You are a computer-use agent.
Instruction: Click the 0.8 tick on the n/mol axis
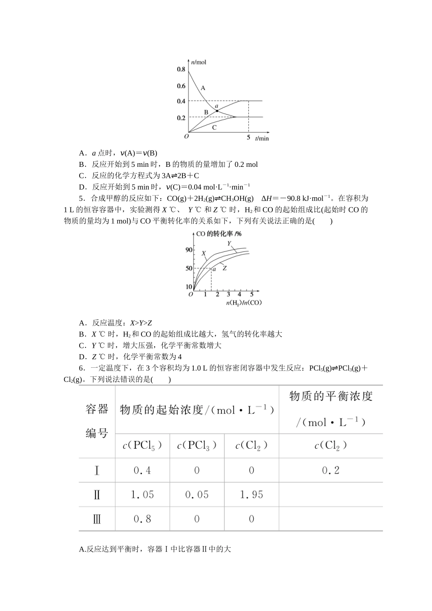click(181, 69)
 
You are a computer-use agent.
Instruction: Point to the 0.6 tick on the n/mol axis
click(181, 86)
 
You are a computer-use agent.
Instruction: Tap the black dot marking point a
click(217, 110)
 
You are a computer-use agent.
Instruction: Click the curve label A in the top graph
click(203, 88)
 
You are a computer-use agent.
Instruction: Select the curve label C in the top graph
click(214, 127)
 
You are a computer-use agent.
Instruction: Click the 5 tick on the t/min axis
click(248, 137)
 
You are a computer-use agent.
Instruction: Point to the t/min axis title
click(262, 138)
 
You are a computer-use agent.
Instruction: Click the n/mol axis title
click(199, 62)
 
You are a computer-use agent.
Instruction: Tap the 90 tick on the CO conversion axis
click(189, 250)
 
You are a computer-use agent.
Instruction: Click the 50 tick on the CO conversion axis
click(189, 268)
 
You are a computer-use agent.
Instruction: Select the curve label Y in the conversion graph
click(229, 243)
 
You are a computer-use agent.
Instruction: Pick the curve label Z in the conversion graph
click(224, 268)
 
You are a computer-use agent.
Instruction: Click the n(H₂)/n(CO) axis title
click(244, 303)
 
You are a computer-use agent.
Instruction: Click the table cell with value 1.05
click(142, 495)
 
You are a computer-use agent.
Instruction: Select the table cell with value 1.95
click(251, 495)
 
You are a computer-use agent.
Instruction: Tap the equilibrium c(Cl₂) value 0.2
click(331, 471)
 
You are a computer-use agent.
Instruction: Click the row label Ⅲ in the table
click(96, 519)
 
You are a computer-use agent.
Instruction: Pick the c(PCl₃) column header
click(196, 446)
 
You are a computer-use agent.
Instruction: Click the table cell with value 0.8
click(142, 519)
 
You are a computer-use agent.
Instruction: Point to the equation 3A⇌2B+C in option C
click(181, 175)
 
